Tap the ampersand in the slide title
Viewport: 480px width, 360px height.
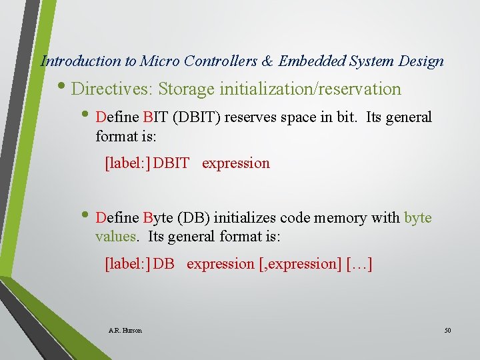[267, 61]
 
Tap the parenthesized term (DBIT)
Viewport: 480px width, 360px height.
[198, 117]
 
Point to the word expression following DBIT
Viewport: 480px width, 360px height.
[236, 163]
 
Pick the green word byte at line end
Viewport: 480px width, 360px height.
[418, 218]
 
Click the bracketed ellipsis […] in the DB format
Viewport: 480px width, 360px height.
[359, 264]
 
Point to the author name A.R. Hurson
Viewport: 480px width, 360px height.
[125, 330]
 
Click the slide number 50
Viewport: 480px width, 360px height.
[447, 330]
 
